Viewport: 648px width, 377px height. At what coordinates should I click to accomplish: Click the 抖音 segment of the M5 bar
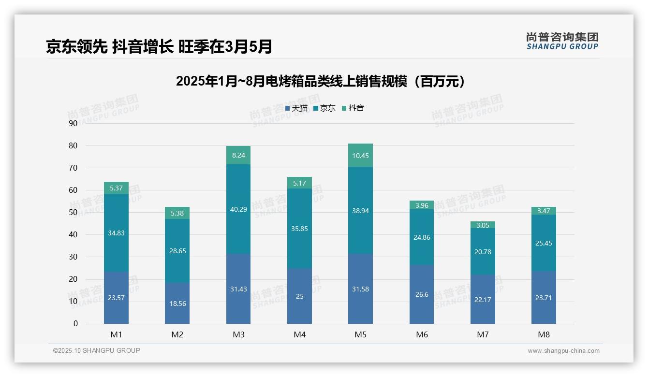(360, 155)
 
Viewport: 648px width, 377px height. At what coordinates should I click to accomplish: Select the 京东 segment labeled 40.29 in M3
(238, 209)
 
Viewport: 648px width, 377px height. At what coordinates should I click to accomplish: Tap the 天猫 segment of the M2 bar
(177, 303)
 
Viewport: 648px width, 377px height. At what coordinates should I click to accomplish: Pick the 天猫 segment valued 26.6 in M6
(422, 294)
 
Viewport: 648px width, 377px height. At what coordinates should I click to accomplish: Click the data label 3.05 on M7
(483, 225)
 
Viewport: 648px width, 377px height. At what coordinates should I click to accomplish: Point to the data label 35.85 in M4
(299, 229)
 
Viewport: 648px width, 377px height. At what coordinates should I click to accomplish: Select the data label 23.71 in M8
(544, 298)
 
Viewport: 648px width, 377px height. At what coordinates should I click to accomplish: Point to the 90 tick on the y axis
(73, 123)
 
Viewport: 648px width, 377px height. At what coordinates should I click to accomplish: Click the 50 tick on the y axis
(73, 212)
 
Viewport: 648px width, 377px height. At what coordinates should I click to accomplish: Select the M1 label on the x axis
(116, 334)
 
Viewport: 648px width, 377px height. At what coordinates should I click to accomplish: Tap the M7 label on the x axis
(483, 334)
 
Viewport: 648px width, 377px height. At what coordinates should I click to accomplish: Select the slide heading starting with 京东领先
(159, 46)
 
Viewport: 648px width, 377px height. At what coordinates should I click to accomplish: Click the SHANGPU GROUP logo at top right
(562, 41)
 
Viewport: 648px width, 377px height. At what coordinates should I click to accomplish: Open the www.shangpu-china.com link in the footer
(563, 351)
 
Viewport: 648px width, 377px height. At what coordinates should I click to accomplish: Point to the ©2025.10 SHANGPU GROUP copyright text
(97, 350)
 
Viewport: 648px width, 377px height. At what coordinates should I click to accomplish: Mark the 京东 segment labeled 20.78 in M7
(483, 251)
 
